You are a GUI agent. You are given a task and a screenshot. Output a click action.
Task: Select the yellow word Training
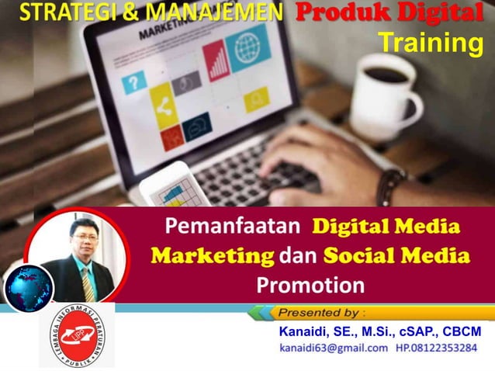tap(430, 43)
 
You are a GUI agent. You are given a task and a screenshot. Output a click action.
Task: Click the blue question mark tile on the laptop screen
tap(136, 80)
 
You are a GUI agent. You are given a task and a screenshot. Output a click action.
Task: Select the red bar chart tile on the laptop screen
tap(217, 62)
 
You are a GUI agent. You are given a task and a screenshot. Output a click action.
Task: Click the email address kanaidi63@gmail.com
tap(334, 348)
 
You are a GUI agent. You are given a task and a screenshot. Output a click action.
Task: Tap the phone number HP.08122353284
tap(436, 348)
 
